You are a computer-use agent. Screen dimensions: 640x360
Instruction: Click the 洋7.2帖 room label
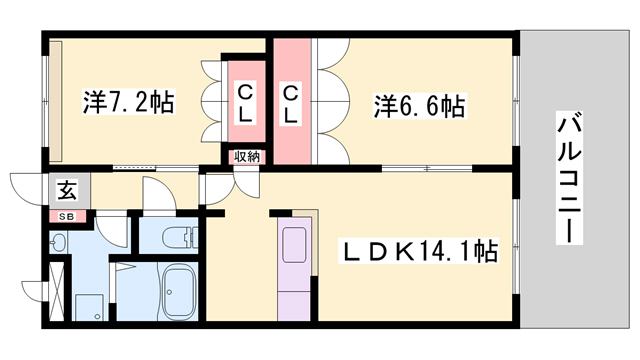tap(128, 103)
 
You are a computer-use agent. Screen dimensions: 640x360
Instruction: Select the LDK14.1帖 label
tap(421, 249)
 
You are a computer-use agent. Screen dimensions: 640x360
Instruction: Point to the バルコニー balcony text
tap(571, 180)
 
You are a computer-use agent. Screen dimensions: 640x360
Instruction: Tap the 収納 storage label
tap(247, 156)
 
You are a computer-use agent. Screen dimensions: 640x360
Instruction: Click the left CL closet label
tap(245, 104)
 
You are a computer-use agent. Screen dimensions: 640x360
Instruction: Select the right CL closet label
tap(291, 104)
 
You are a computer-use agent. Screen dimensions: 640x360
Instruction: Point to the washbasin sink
tap(58, 242)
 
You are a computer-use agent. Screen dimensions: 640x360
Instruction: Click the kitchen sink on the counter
tap(298, 244)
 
